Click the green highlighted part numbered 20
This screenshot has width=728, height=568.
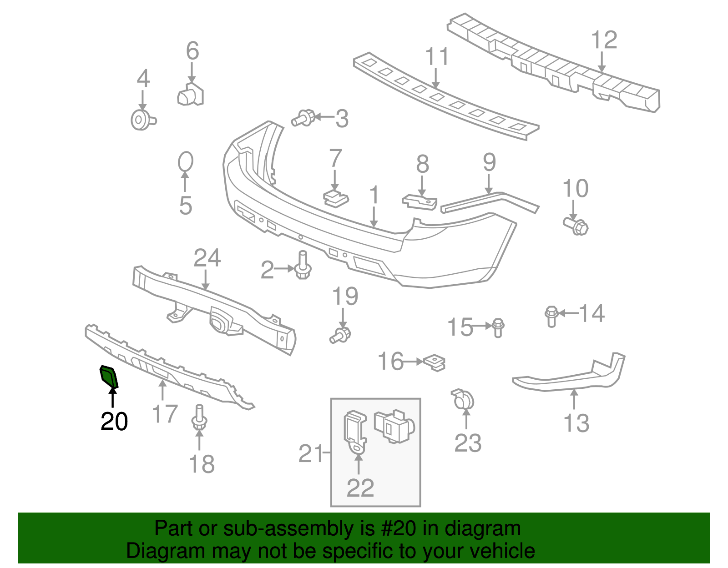[x=109, y=377]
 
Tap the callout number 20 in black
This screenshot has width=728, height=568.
[x=114, y=422]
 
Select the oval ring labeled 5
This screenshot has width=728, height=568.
[x=185, y=161]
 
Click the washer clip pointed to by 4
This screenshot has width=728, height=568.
[x=143, y=120]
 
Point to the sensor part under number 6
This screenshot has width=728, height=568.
[x=190, y=95]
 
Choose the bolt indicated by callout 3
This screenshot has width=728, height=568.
[x=303, y=118]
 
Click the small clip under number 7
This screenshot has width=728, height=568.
[x=336, y=198]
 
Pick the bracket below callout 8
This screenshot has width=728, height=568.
[x=420, y=202]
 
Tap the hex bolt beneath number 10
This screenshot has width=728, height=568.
[x=576, y=226]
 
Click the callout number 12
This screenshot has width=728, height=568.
[x=604, y=40]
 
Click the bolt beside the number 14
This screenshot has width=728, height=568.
[x=551, y=316]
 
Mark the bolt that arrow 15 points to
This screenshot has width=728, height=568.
[x=498, y=328]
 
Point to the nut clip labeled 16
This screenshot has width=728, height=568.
[x=434, y=363]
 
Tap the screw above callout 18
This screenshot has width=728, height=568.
[x=199, y=418]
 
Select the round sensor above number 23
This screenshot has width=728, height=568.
[x=463, y=399]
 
